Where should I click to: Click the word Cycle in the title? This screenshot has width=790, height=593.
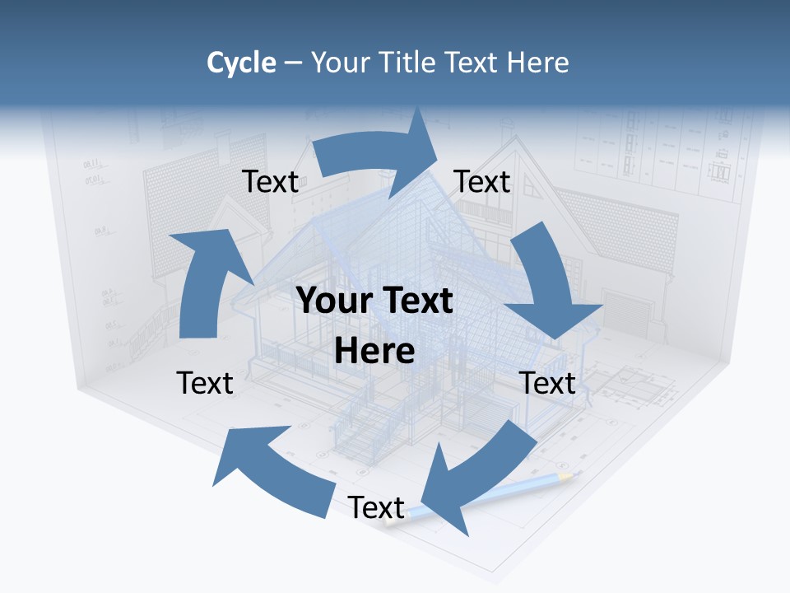[241, 63]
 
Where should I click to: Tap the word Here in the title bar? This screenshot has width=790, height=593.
[539, 63]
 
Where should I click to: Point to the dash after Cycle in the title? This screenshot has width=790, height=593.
[293, 63]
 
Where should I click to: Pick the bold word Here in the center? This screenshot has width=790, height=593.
[374, 351]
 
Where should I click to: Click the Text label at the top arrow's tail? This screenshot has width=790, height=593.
[270, 181]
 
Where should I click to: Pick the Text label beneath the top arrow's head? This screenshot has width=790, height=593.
[482, 181]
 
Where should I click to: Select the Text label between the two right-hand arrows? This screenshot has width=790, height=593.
[547, 383]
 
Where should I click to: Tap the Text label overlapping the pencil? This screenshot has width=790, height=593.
[376, 507]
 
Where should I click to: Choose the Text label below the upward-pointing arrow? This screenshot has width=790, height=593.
[205, 383]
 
